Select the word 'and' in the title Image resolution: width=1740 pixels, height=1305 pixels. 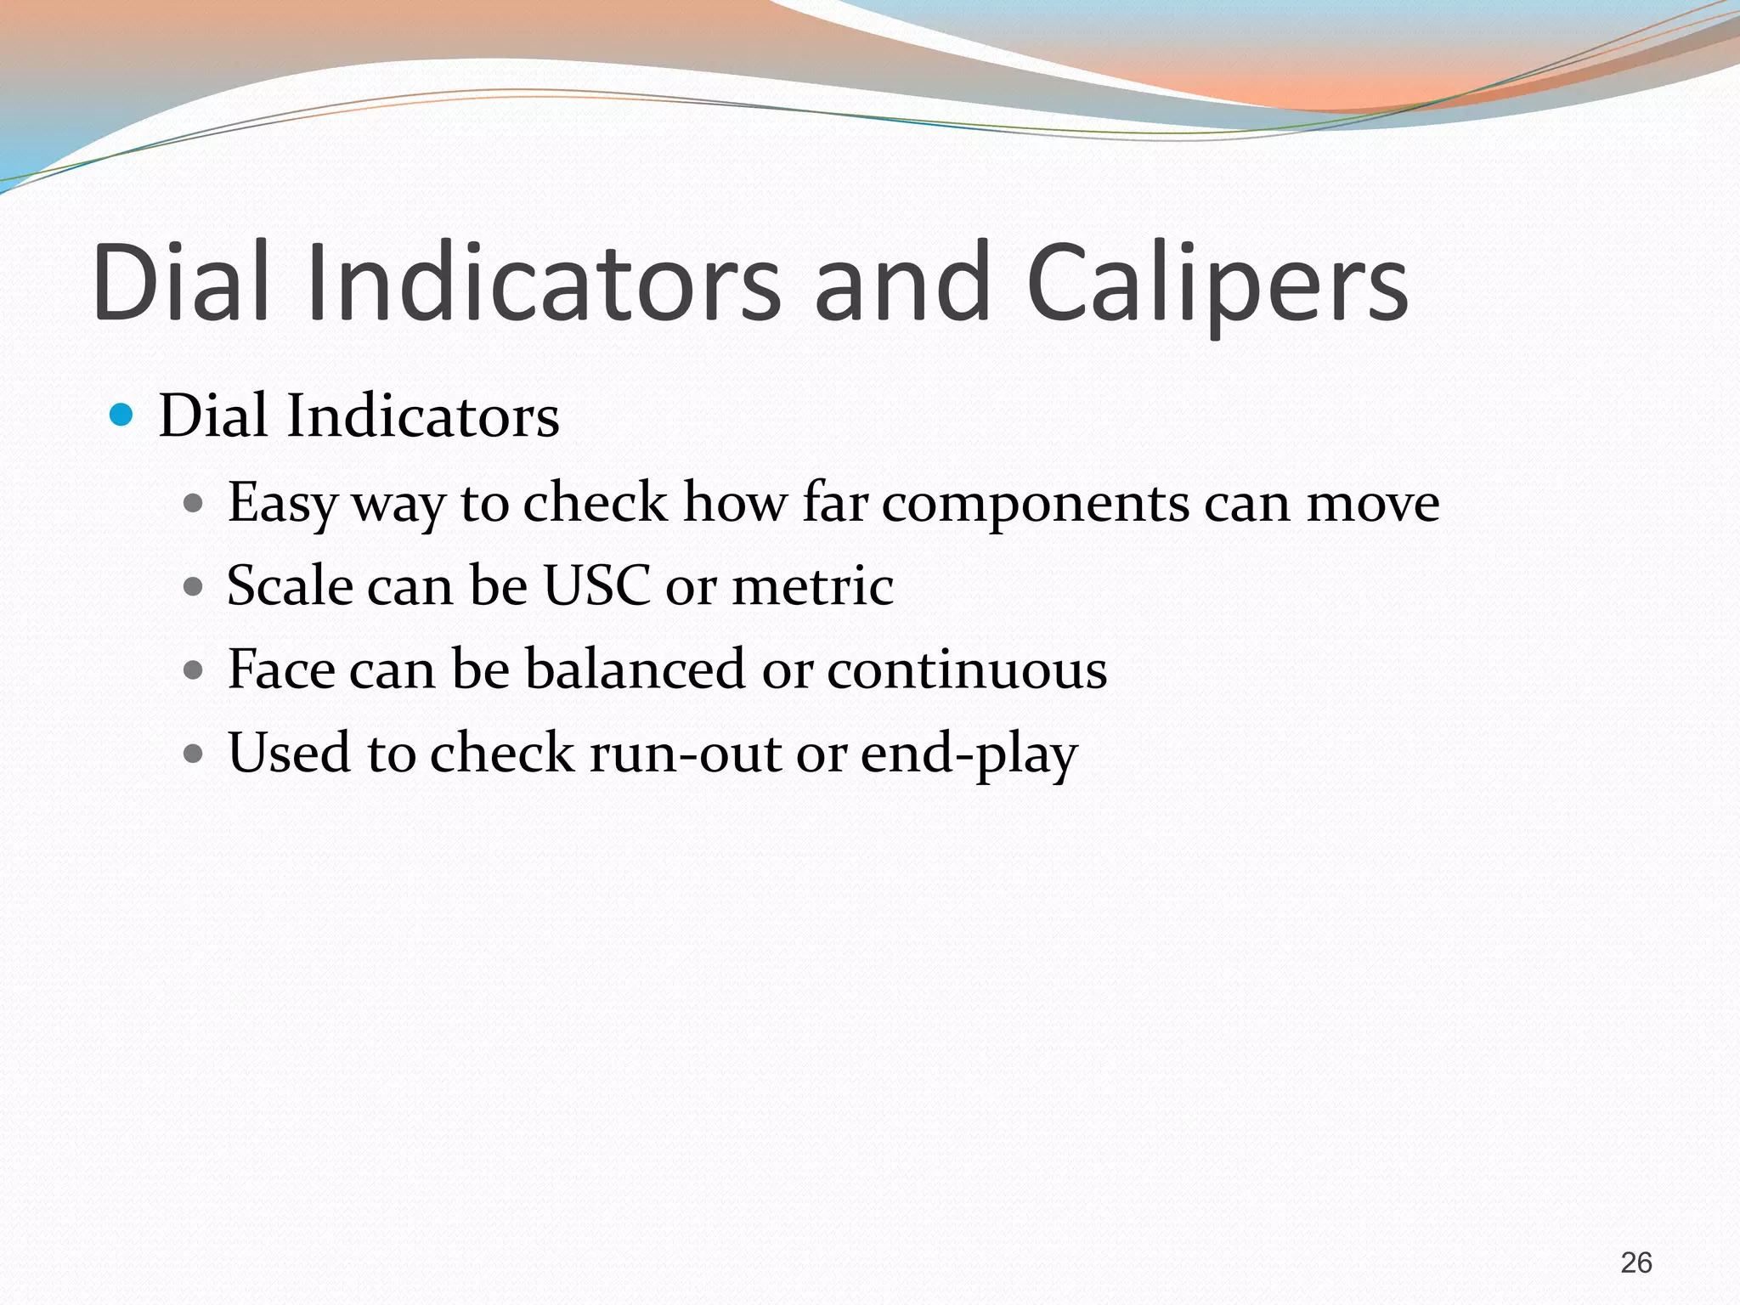click(902, 283)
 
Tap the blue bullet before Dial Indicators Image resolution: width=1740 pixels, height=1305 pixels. click(122, 415)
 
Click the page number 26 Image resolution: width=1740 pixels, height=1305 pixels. click(1635, 1263)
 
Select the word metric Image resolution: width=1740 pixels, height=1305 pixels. click(812, 585)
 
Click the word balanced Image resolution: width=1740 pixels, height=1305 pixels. click(635, 669)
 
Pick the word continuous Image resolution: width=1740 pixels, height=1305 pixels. click(967, 669)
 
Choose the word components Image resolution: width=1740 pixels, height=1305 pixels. click(1035, 503)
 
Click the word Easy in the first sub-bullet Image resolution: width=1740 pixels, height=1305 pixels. click(281, 503)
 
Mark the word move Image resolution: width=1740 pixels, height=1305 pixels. click(1372, 503)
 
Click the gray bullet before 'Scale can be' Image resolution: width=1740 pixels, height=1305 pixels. click(194, 586)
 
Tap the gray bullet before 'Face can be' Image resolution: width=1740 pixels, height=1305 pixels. click(194, 669)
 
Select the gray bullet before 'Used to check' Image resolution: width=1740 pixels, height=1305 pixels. click(194, 753)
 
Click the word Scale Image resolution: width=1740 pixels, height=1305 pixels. click(289, 585)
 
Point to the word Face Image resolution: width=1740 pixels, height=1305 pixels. click(281, 669)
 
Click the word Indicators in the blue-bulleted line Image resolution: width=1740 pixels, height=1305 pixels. click(422, 416)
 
